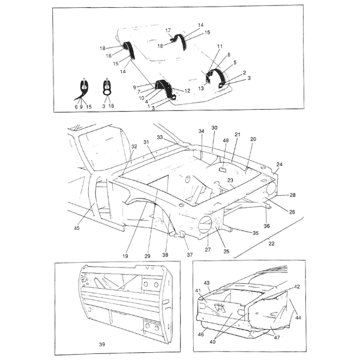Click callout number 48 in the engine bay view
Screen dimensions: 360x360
coord(226,140)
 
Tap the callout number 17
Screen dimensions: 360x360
coord(168,31)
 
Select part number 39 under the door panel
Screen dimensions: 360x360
coord(102,344)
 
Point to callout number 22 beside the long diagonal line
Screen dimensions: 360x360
coord(271,244)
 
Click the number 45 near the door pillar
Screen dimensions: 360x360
coord(77,228)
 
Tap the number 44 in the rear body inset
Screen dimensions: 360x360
coord(298,318)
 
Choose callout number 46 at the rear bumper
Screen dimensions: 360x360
coord(200,335)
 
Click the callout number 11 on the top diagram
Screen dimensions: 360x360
coord(220,46)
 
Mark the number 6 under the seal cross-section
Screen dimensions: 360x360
coord(76,107)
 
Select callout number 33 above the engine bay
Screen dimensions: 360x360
coord(160,137)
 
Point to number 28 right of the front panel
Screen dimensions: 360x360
coord(293,195)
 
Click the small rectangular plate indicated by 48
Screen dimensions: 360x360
coord(223,170)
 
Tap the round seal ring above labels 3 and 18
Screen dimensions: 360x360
coord(107,92)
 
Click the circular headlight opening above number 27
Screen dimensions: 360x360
coord(205,224)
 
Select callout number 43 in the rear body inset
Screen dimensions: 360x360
coord(206,283)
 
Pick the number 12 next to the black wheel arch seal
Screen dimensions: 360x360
coord(187,91)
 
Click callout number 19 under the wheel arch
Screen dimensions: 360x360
coord(125,256)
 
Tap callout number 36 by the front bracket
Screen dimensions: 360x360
coord(266,226)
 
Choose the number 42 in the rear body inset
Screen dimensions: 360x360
coord(297,287)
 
